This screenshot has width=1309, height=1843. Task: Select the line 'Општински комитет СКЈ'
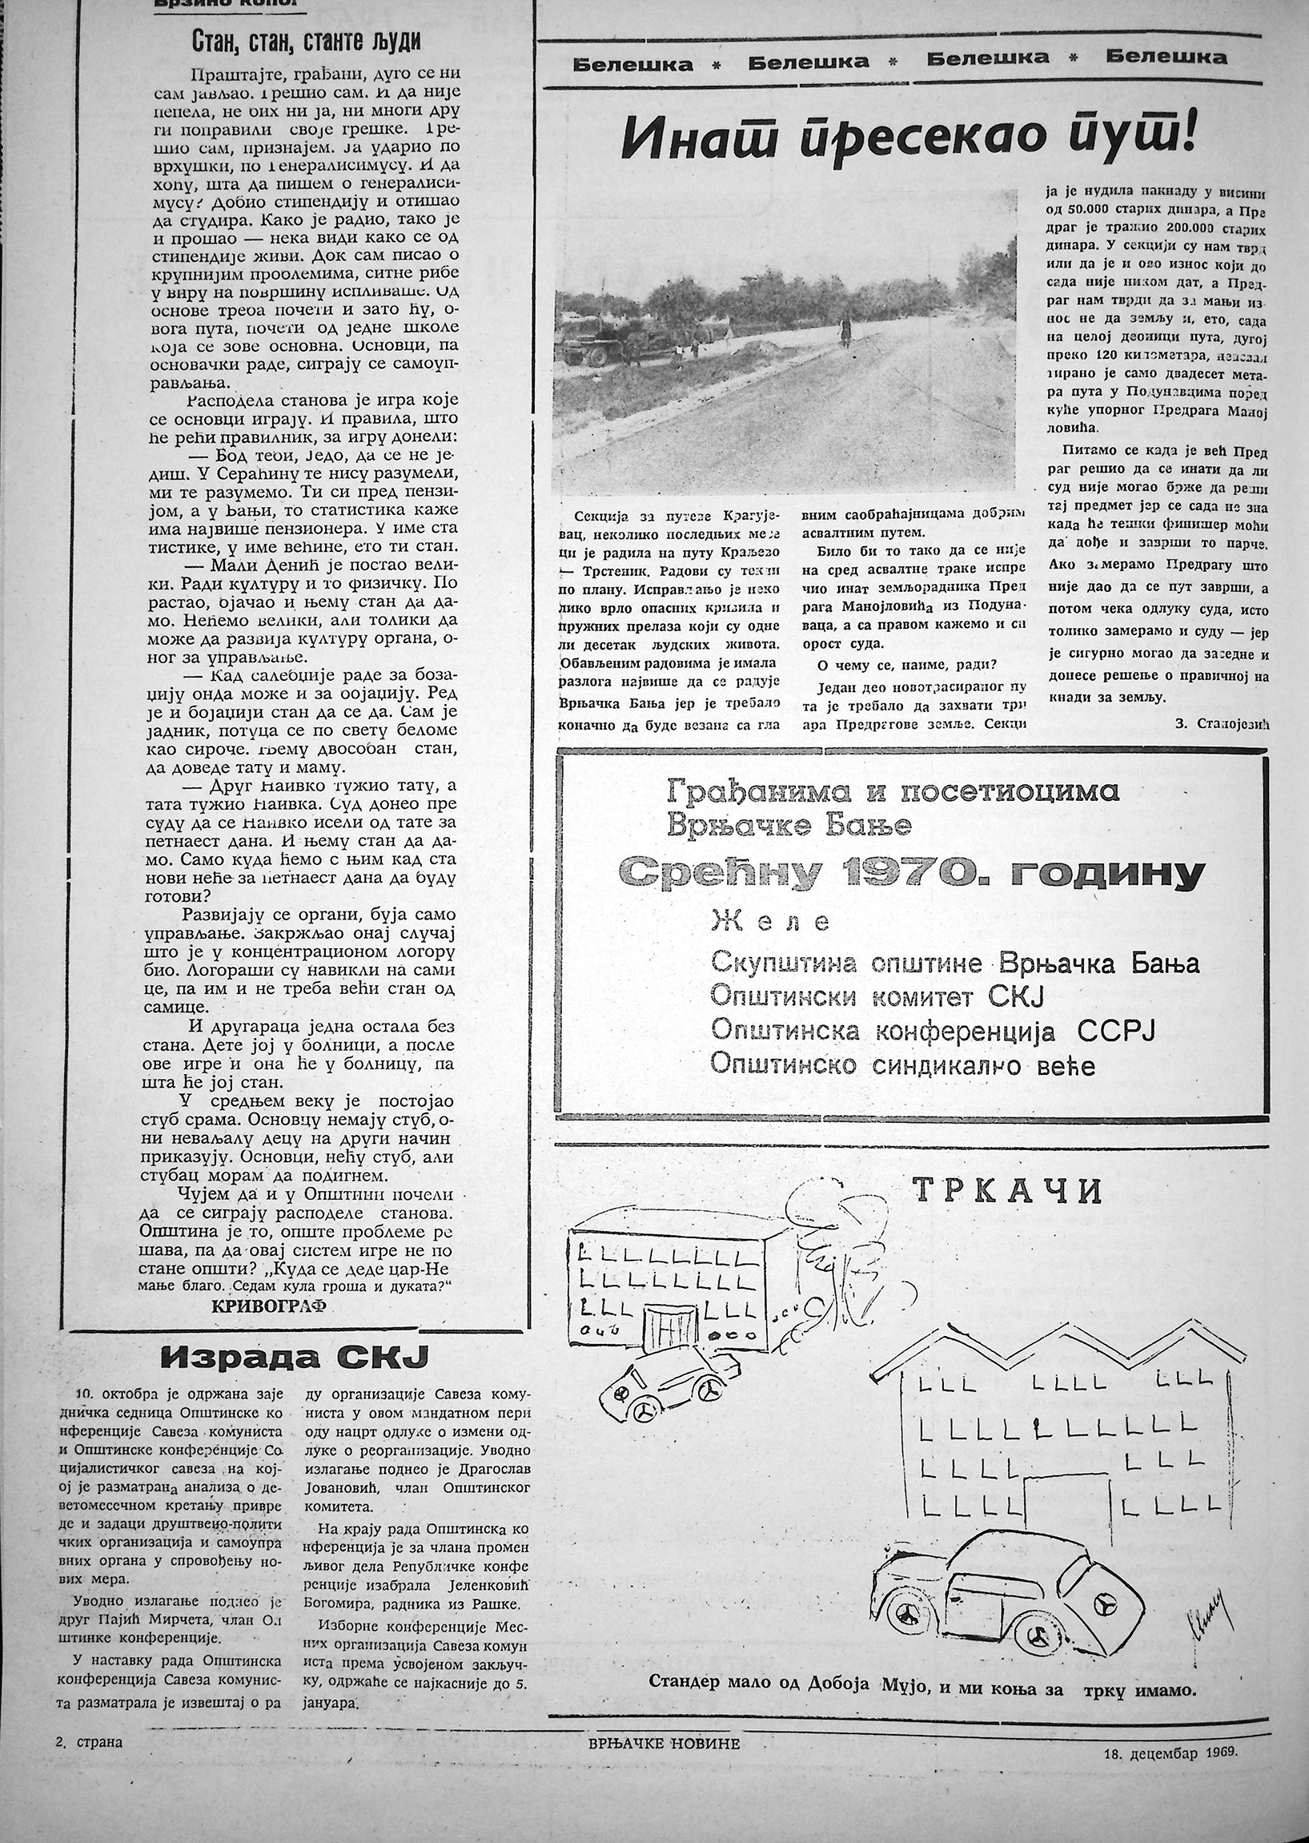point(876,997)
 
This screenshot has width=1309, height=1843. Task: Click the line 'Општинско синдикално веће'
point(902,1066)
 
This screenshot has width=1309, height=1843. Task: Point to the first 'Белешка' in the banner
point(632,64)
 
